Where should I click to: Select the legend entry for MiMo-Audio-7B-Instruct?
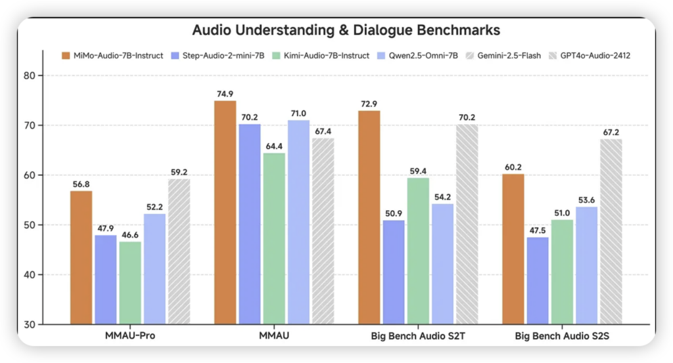(x=112, y=55)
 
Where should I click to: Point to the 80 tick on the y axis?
(x=37, y=75)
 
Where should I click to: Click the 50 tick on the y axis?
(x=37, y=225)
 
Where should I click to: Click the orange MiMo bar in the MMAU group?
(x=225, y=212)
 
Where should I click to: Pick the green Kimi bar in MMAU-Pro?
(x=129, y=282)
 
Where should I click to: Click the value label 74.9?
(x=225, y=93)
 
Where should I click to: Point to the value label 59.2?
(x=178, y=172)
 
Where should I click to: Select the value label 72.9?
(x=369, y=104)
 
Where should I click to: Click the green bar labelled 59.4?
(x=417, y=251)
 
